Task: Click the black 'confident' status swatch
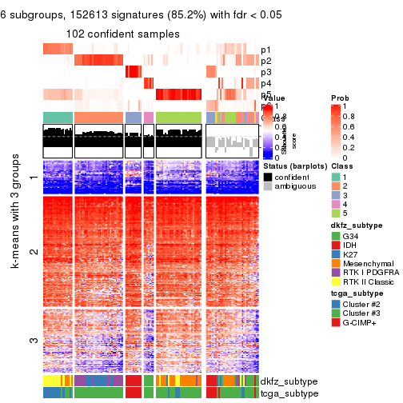point(268,176)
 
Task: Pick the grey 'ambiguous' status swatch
point(268,187)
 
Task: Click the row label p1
point(265,50)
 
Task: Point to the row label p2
point(265,61)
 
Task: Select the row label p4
point(265,83)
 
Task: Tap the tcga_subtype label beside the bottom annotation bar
point(283,393)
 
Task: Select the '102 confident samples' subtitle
point(123,34)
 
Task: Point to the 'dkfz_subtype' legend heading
point(355,225)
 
